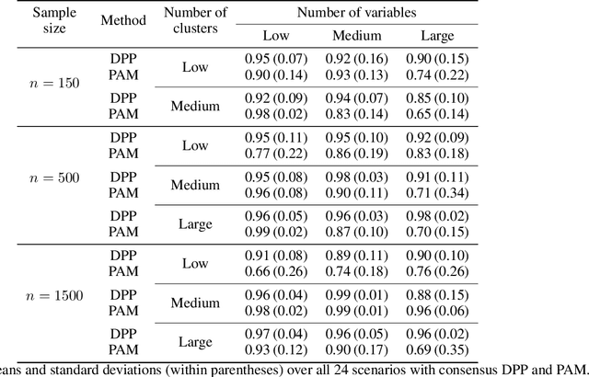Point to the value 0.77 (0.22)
277,152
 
